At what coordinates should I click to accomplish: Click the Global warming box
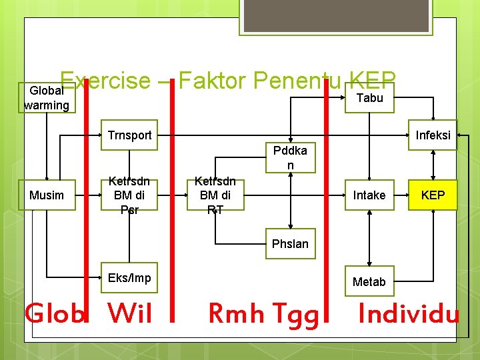47,97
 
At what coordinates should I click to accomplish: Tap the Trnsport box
129,135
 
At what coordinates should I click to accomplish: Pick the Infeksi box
433,135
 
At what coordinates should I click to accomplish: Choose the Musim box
47,195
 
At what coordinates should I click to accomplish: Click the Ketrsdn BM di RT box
215,195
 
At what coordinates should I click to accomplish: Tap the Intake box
369,195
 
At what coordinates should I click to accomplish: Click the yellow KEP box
433,195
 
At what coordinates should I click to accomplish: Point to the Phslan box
290,243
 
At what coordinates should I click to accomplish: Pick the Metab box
369,281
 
